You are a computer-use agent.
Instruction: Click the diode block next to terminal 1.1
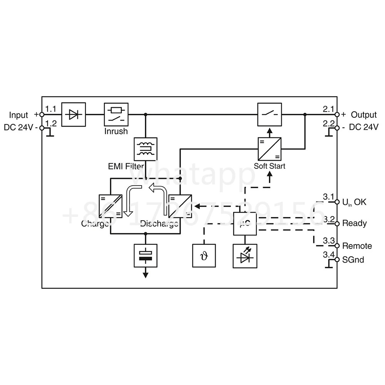[74, 114]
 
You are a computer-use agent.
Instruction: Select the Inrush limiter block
[116, 114]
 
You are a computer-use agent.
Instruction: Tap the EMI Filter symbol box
[146, 149]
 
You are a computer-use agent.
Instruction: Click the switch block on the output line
[269, 114]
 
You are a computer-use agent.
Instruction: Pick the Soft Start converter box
[269, 149]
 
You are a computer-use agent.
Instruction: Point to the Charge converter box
[110, 206]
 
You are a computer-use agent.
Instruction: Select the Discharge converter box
[180, 206]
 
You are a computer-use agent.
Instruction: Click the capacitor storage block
[146, 256]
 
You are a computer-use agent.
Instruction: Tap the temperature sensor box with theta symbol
[204, 256]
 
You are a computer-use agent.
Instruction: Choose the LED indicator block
[245, 256]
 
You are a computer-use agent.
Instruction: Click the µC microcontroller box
[245, 224]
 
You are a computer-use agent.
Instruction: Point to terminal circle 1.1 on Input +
[42, 115]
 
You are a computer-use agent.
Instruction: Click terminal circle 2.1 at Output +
[337, 115]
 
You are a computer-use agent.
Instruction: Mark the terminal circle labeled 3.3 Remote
[337, 246]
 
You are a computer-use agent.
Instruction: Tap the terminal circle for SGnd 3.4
[337, 260]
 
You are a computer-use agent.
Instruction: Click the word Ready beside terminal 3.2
[354, 223]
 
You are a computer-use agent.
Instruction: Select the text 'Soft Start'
[269, 166]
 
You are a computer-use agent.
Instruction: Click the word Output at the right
[364, 115]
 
